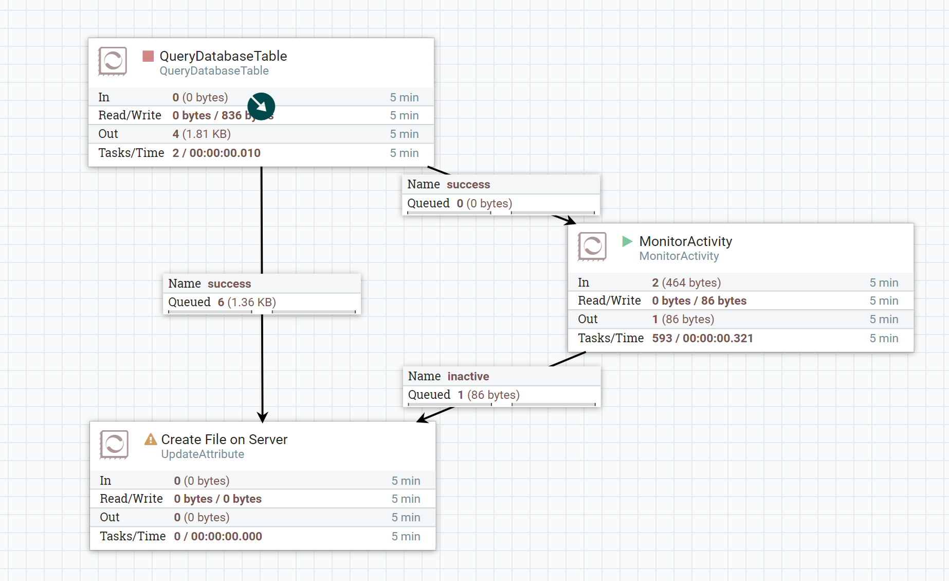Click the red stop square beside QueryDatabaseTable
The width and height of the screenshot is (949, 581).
tap(148, 56)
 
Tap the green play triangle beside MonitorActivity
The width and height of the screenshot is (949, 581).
tap(627, 241)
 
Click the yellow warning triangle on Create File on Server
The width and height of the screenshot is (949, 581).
tap(151, 439)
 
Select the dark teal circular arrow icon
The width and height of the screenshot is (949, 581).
tap(261, 107)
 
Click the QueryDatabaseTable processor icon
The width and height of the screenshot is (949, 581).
tap(113, 61)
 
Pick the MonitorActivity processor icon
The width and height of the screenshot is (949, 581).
tap(592, 247)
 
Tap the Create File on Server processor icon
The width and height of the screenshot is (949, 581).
tap(114, 445)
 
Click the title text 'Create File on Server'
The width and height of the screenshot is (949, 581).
tap(224, 439)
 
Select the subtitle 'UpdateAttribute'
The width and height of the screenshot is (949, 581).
tap(203, 454)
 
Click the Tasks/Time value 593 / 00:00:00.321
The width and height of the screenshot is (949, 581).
tap(702, 338)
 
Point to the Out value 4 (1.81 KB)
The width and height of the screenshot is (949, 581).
tap(202, 134)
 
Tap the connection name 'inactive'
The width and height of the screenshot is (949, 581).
tap(468, 376)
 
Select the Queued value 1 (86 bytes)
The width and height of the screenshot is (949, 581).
tap(488, 395)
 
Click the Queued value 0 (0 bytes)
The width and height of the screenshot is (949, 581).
tap(484, 203)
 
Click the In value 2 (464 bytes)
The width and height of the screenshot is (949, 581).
tap(686, 283)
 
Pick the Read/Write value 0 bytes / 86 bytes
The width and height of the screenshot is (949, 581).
tap(699, 301)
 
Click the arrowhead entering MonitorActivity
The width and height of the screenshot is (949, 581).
tap(569, 221)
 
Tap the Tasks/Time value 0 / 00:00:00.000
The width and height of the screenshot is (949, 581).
tap(218, 536)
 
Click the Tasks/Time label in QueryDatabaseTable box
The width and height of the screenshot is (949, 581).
tap(131, 153)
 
